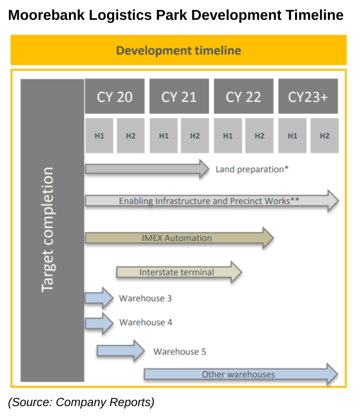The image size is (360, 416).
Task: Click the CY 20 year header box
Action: [x=115, y=96]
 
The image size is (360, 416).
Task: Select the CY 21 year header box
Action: [x=179, y=96]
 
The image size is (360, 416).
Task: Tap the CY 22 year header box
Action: [x=243, y=96]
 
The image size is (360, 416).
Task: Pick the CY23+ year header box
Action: [x=308, y=96]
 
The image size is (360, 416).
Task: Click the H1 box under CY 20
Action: [x=99, y=135]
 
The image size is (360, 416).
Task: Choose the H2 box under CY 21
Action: [x=195, y=135]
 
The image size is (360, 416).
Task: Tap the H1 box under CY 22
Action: [x=228, y=135]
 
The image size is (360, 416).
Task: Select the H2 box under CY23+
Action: [x=324, y=135]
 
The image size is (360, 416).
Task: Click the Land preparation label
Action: [x=252, y=170]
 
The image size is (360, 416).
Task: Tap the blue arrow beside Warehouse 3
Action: [x=99, y=298]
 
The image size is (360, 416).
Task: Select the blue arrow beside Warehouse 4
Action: [x=99, y=323]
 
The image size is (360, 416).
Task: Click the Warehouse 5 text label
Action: [x=180, y=352]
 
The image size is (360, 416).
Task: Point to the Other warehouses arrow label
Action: [x=238, y=374]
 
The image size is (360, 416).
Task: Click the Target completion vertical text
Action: [x=48, y=230]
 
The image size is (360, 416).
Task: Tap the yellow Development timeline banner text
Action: [x=179, y=51]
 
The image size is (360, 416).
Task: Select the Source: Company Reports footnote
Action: [x=81, y=402]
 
